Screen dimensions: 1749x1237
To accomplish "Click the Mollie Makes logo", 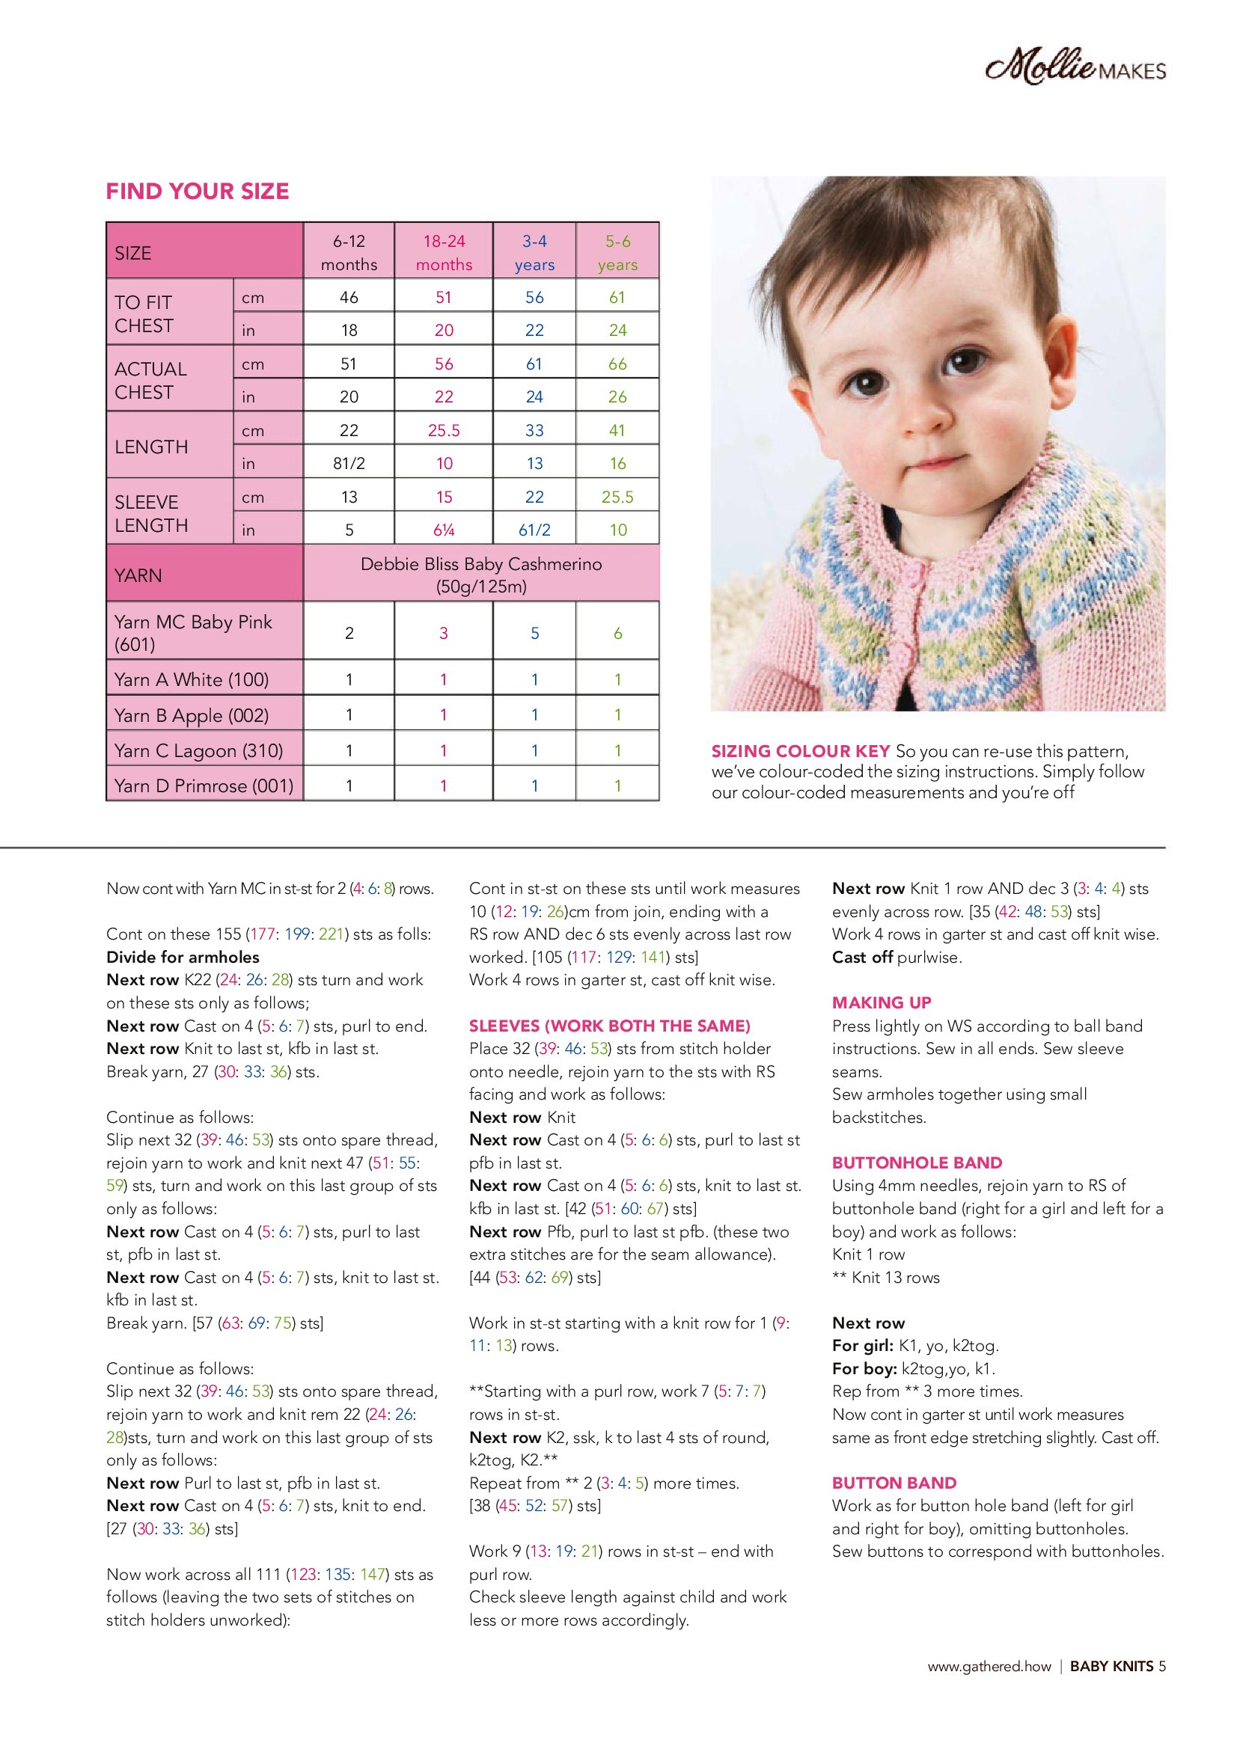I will click(1075, 68).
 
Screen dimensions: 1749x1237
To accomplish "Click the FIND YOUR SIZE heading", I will click(198, 192).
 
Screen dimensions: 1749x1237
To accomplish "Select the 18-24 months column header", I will click(444, 252).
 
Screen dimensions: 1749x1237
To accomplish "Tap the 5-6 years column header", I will click(617, 252).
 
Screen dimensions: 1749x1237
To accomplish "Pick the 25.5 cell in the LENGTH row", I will click(444, 430).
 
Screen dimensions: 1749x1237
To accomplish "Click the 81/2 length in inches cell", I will click(349, 463).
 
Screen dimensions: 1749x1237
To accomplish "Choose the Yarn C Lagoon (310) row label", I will click(198, 750).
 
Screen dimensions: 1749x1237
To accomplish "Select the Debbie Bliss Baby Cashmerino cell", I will click(481, 575).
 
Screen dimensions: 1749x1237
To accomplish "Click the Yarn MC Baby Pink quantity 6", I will click(617, 633).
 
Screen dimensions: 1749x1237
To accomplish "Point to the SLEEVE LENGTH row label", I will click(151, 513).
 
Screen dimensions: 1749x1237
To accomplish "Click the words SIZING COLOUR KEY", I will click(800, 751).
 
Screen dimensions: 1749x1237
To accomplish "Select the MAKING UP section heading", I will click(881, 1002).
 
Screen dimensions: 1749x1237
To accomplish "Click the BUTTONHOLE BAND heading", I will click(917, 1163).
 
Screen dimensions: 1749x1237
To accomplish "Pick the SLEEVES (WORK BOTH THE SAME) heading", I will click(610, 1026).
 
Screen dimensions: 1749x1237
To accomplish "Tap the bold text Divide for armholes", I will click(183, 957).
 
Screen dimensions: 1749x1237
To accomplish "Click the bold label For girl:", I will click(863, 1345).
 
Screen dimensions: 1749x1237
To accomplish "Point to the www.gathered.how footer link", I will click(989, 1666).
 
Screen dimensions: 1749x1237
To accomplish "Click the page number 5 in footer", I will click(1161, 1666).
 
